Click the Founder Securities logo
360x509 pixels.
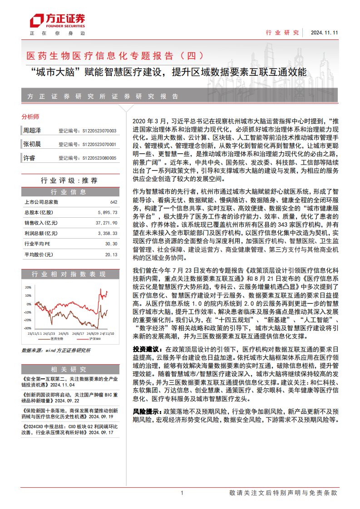pos(57,20)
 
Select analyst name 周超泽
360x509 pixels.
pos(32,131)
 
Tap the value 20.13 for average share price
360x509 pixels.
pos(111,254)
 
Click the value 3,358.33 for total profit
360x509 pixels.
pos(108,233)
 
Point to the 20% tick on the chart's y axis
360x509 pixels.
pos(28,288)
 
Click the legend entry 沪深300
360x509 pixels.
pos(94,339)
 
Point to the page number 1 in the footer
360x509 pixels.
pos(182,493)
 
